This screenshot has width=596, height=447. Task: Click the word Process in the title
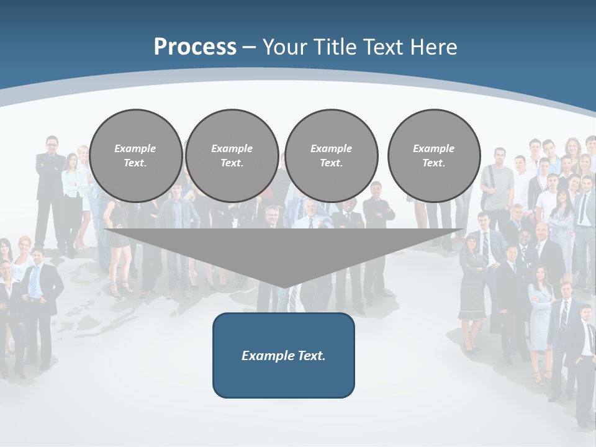pyautogui.click(x=195, y=47)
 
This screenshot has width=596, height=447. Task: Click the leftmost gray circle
pyautogui.click(x=136, y=155)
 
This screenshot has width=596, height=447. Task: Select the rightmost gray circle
pyautogui.click(x=434, y=155)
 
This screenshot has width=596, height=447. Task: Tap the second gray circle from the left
pyautogui.click(x=232, y=155)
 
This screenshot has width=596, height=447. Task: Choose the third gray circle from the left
pyautogui.click(x=331, y=155)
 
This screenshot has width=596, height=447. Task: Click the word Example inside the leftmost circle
pyautogui.click(x=135, y=148)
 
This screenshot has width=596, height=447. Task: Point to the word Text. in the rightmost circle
pyautogui.click(x=433, y=163)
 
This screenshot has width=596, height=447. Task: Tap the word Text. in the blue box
pyautogui.click(x=310, y=356)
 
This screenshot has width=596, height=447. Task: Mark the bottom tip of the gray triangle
pyautogui.click(x=284, y=287)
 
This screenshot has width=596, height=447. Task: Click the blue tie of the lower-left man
pyautogui.click(x=35, y=279)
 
